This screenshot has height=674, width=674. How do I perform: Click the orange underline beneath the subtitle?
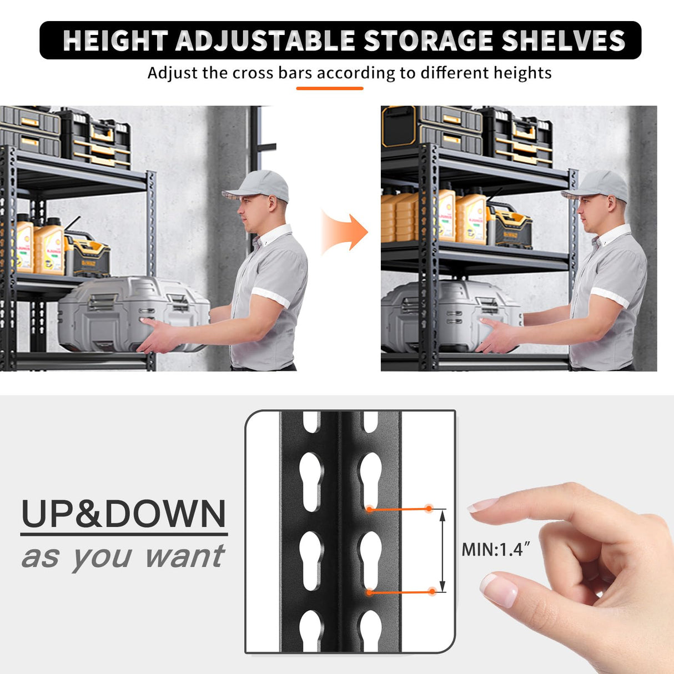329,88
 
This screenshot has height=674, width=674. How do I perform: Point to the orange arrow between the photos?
345,232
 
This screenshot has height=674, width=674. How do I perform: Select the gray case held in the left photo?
133,314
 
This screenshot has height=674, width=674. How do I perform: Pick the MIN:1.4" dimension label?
496,550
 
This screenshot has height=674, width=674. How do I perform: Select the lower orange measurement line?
400,592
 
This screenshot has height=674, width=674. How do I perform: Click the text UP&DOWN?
124,514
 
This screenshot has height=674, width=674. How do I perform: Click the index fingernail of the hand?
481,505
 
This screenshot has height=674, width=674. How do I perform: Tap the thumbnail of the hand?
498,590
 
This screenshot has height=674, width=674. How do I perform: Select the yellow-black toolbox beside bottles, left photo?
88,255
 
